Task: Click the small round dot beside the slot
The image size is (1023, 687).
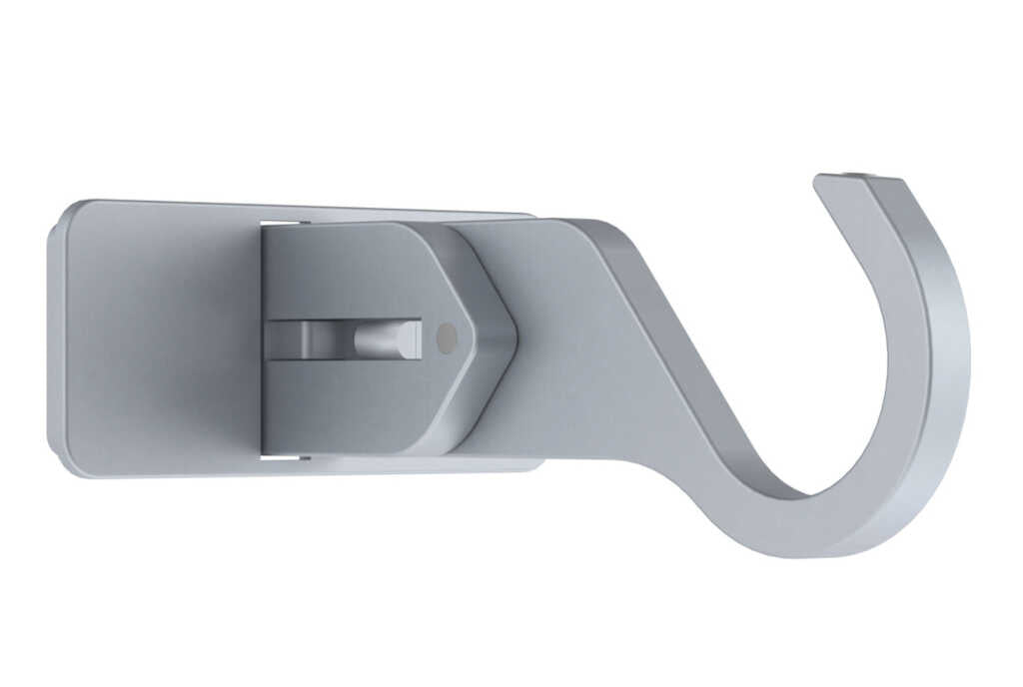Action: (x=447, y=339)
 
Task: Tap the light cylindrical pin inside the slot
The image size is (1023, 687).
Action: (x=388, y=339)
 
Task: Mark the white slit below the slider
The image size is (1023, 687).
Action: (x=284, y=458)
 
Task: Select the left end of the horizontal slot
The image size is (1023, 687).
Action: (x=272, y=340)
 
